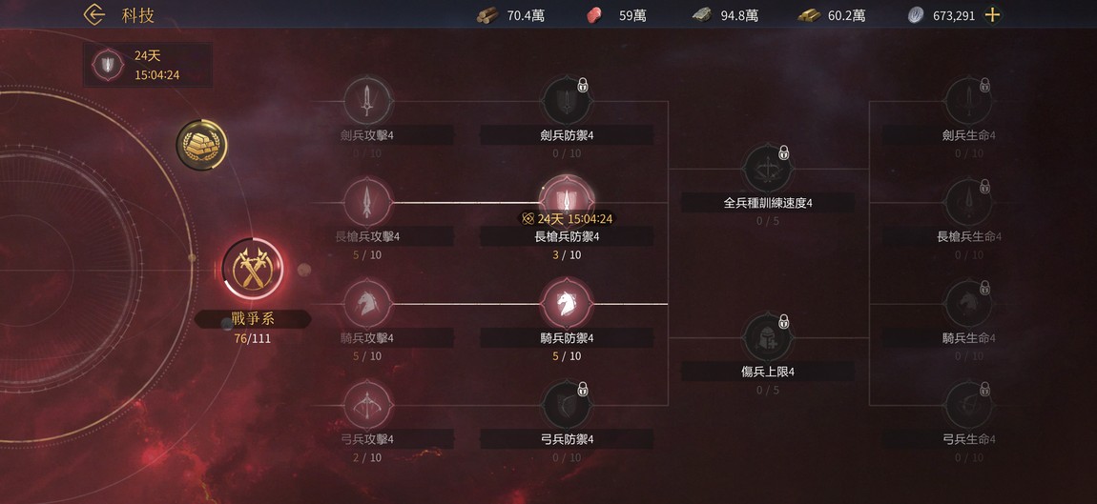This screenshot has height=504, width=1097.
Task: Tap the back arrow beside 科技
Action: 93,14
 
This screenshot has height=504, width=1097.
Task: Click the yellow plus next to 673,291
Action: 992,14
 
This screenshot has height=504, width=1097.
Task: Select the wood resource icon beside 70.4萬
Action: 486,14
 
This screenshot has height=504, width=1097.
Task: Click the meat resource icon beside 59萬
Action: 596,14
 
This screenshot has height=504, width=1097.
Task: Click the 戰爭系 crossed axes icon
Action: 253,270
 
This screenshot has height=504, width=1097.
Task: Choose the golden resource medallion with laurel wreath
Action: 201,145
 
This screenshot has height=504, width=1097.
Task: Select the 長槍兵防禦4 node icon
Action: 568,199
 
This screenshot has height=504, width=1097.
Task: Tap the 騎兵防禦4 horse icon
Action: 568,304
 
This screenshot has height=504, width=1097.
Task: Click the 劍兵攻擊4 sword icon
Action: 367,98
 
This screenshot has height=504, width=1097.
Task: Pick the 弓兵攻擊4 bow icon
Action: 367,404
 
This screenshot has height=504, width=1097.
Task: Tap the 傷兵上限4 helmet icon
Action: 768,336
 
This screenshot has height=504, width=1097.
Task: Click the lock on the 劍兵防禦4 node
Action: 583,86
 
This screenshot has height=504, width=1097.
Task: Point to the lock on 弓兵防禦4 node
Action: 583,389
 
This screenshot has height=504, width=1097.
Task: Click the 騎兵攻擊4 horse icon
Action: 367,303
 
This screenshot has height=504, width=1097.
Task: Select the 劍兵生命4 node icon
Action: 967,98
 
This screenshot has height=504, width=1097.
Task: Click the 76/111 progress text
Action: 252,337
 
